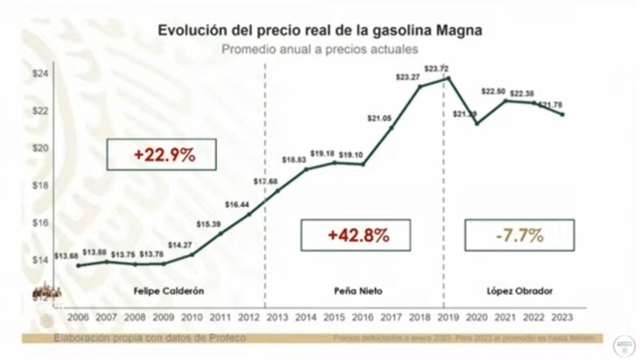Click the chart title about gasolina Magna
tap(320, 31)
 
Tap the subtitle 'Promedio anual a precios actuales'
tap(320, 49)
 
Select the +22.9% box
tap(161, 154)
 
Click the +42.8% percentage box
tap(355, 235)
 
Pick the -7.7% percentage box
tap(519, 235)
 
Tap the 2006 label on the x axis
tap(78, 318)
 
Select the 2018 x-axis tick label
tap(420, 318)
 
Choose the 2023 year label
tap(562, 318)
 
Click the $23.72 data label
tap(436, 69)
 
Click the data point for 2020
tap(477, 123)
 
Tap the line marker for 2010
tap(192, 254)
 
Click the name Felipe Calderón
tap(168, 291)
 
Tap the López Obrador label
tap(519, 291)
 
